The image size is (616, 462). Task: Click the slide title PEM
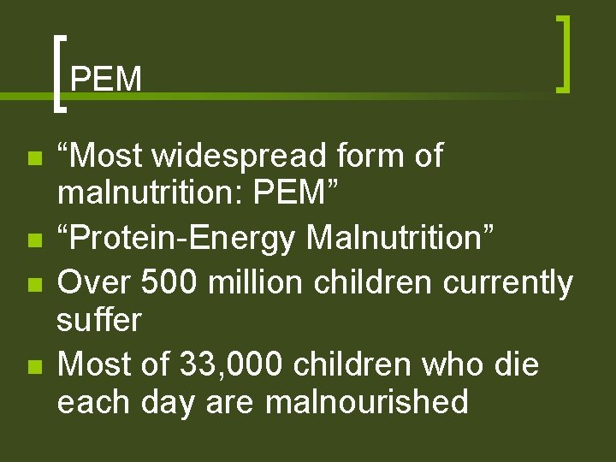click(x=106, y=80)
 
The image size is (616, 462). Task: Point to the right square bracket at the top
click(x=562, y=53)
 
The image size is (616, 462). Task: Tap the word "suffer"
click(x=98, y=320)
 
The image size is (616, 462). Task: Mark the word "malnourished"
click(x=367, y=402)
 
